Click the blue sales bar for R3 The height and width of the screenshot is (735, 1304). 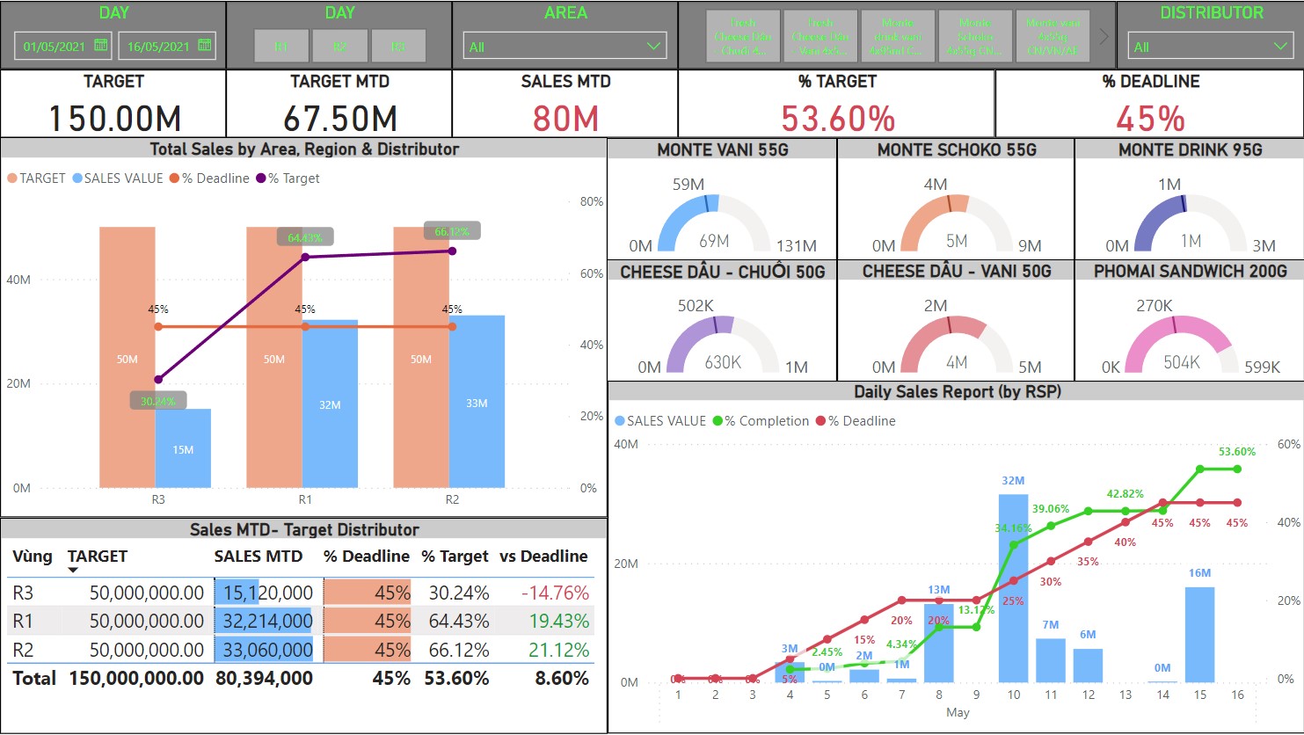coord(183,448)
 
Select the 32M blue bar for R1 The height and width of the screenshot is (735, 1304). coord(330,404)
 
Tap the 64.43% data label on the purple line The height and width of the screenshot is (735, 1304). coord(305,237)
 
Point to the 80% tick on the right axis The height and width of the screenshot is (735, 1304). coord(591,201)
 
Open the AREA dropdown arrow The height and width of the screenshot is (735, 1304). coord(653,46)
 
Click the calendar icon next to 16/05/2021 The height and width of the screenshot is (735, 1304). coord(205,45)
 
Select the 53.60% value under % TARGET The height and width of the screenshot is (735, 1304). coord(838,119)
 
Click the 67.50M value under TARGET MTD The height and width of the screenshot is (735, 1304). coord(339,119)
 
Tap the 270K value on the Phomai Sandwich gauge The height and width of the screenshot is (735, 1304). coord(1154,306)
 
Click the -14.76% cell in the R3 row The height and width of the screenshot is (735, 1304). coord(555,593)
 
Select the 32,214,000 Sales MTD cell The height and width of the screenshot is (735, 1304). coord(267,621)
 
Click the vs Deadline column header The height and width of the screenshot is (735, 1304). coord(543,557)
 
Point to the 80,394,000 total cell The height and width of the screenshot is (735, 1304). coord(264,678)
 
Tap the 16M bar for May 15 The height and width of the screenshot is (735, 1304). coord(1199,634)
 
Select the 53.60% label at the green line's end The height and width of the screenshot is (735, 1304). coord(1237,452)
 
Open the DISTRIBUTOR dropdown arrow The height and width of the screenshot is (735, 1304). coord(1279,46)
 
